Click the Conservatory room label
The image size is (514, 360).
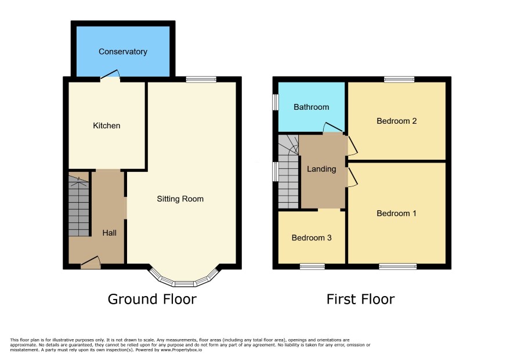click(122, 52)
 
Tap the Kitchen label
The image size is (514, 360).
click(107, 125)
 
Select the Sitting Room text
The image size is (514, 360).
click(180, 199)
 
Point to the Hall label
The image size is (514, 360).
click(109, 233)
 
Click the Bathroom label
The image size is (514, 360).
click(311, 107)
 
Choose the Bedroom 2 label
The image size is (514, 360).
click(396, 121)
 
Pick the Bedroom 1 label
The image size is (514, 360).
click(396, 213)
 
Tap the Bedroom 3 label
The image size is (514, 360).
click(312, 237)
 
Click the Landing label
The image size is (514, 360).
click(321, 169)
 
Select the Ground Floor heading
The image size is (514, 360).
click(152, 299)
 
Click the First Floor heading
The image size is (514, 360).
click(360, 299)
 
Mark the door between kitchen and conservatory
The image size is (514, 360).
click(110, 75)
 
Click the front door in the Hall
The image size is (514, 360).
click(91, 262)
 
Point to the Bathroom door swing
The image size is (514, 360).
click(333, 128)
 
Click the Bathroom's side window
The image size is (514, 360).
click(276, 102)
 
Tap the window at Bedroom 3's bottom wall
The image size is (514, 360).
click(312, 266)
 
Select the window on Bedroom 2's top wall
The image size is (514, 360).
click(399, 79)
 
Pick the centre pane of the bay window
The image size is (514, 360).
click(184, 284)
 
